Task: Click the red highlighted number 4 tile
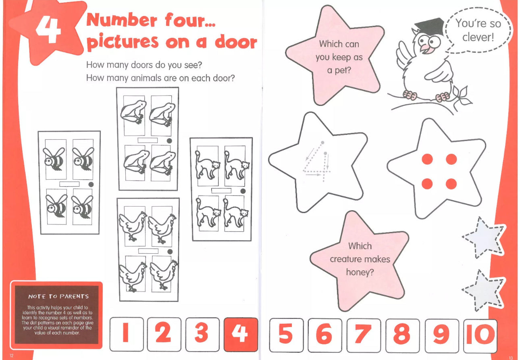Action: [x=241, y=334]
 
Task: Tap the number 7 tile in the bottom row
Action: [x=364, y=335]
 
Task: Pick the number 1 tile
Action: [x=127, y=334]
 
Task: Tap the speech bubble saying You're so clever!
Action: [x=478, y=30]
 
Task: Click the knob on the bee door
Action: [x=91, y=184]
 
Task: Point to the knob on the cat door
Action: [x=243, y=191]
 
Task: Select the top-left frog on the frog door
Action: [x=133, y=112]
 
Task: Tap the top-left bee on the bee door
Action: [x=54, y=159]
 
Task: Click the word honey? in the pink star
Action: [x=360, y=272]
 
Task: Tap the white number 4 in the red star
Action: [x=48, y=31]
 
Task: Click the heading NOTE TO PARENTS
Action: [x=58, y=296]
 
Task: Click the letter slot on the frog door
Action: [x=148, y=140]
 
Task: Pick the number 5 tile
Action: [x=287, y=335]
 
